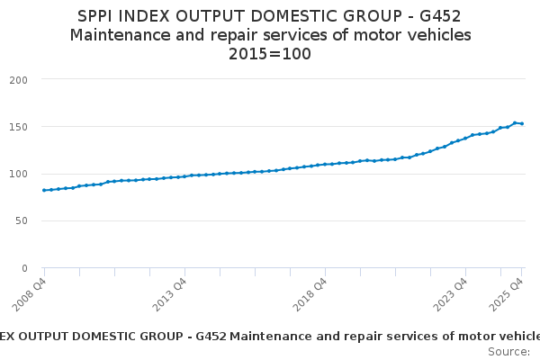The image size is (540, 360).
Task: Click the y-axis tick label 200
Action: click(x=20, y=80)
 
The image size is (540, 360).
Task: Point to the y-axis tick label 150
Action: click(x=20, y=127)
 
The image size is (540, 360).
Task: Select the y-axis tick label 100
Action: click(x=20, y=174)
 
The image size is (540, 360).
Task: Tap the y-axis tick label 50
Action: click(x=22, y=220)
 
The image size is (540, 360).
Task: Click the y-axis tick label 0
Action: click(x=25, y=268)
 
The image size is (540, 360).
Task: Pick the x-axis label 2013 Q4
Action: click(x=170, y=295)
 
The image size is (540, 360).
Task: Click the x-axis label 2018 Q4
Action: click(x=310, y=295)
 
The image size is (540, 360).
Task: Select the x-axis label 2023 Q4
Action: click(x=451, y=295)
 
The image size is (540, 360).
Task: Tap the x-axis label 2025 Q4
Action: click(x=508, y=295)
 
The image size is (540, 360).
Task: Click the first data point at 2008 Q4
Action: click(x=44, y=190)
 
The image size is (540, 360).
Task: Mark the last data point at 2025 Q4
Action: click(x=522, y=123)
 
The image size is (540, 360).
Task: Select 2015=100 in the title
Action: click(x=270, y=54)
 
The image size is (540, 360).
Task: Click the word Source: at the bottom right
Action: click(x=509, y=351)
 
